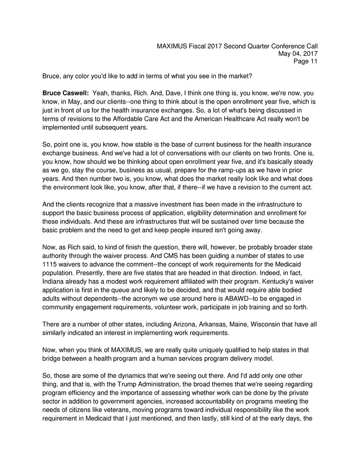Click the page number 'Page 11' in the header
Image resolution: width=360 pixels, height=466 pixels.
[305, 62]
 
